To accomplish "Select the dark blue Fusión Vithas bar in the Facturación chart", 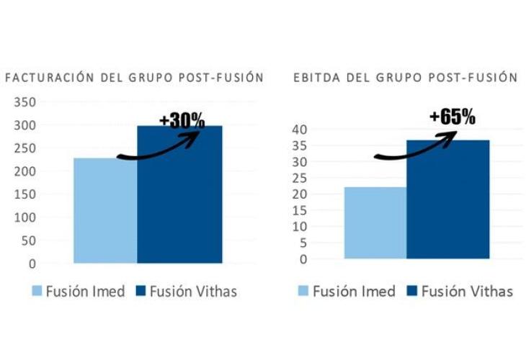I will (x=179, y=194).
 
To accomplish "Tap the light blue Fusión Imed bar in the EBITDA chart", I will (x=375, y=222).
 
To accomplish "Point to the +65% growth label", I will (x=452, y=117).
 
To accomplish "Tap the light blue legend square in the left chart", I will (x=36, y=292).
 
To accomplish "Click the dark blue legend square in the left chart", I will (x=140, y=292).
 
